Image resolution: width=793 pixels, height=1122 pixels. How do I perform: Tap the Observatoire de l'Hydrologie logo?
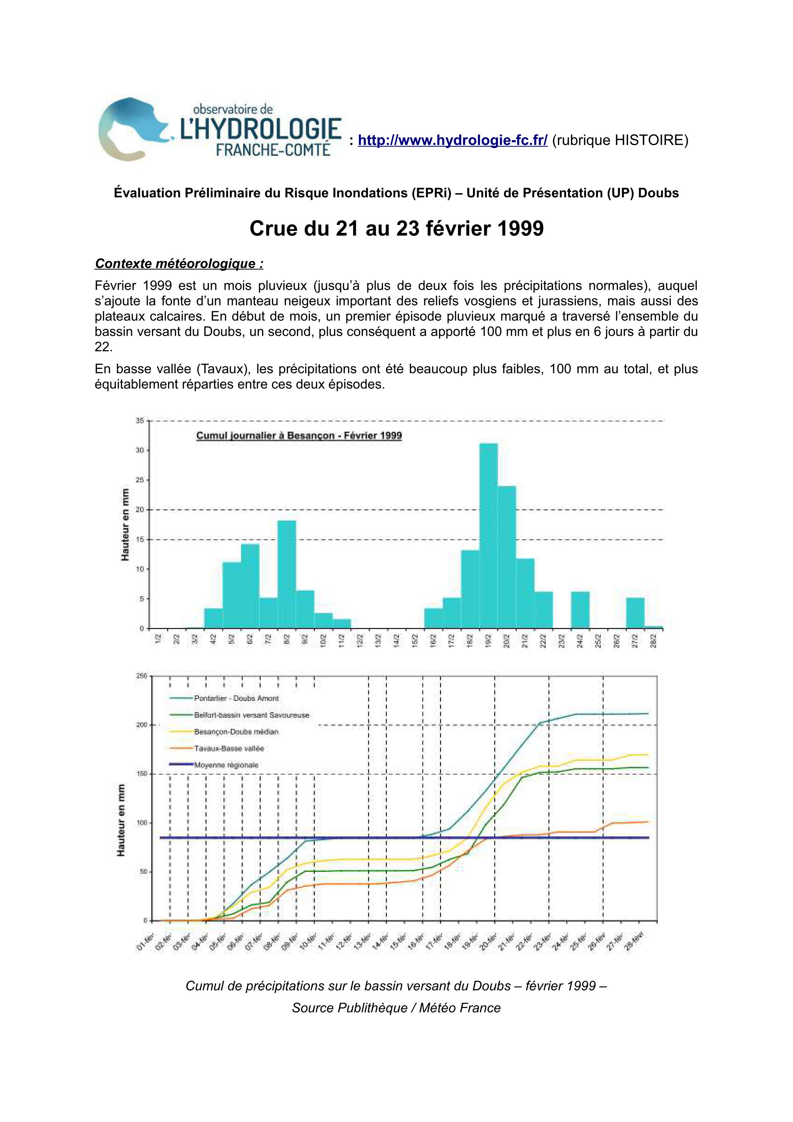click(x=220, y=129)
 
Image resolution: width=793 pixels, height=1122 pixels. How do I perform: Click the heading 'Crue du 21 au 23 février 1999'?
click(x=396, y=229)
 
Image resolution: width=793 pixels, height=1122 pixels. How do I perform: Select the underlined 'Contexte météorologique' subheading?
click(x=179, y=264)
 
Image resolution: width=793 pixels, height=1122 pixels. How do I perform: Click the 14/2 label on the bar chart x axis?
click(x=397, y=641)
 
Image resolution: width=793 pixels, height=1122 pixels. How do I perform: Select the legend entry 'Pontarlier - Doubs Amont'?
click(x=236, y=698)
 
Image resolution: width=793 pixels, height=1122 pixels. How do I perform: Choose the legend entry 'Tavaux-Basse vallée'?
click(x=229, y=748)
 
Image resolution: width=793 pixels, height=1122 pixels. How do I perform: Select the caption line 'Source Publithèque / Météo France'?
click(x=396, y=1008)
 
